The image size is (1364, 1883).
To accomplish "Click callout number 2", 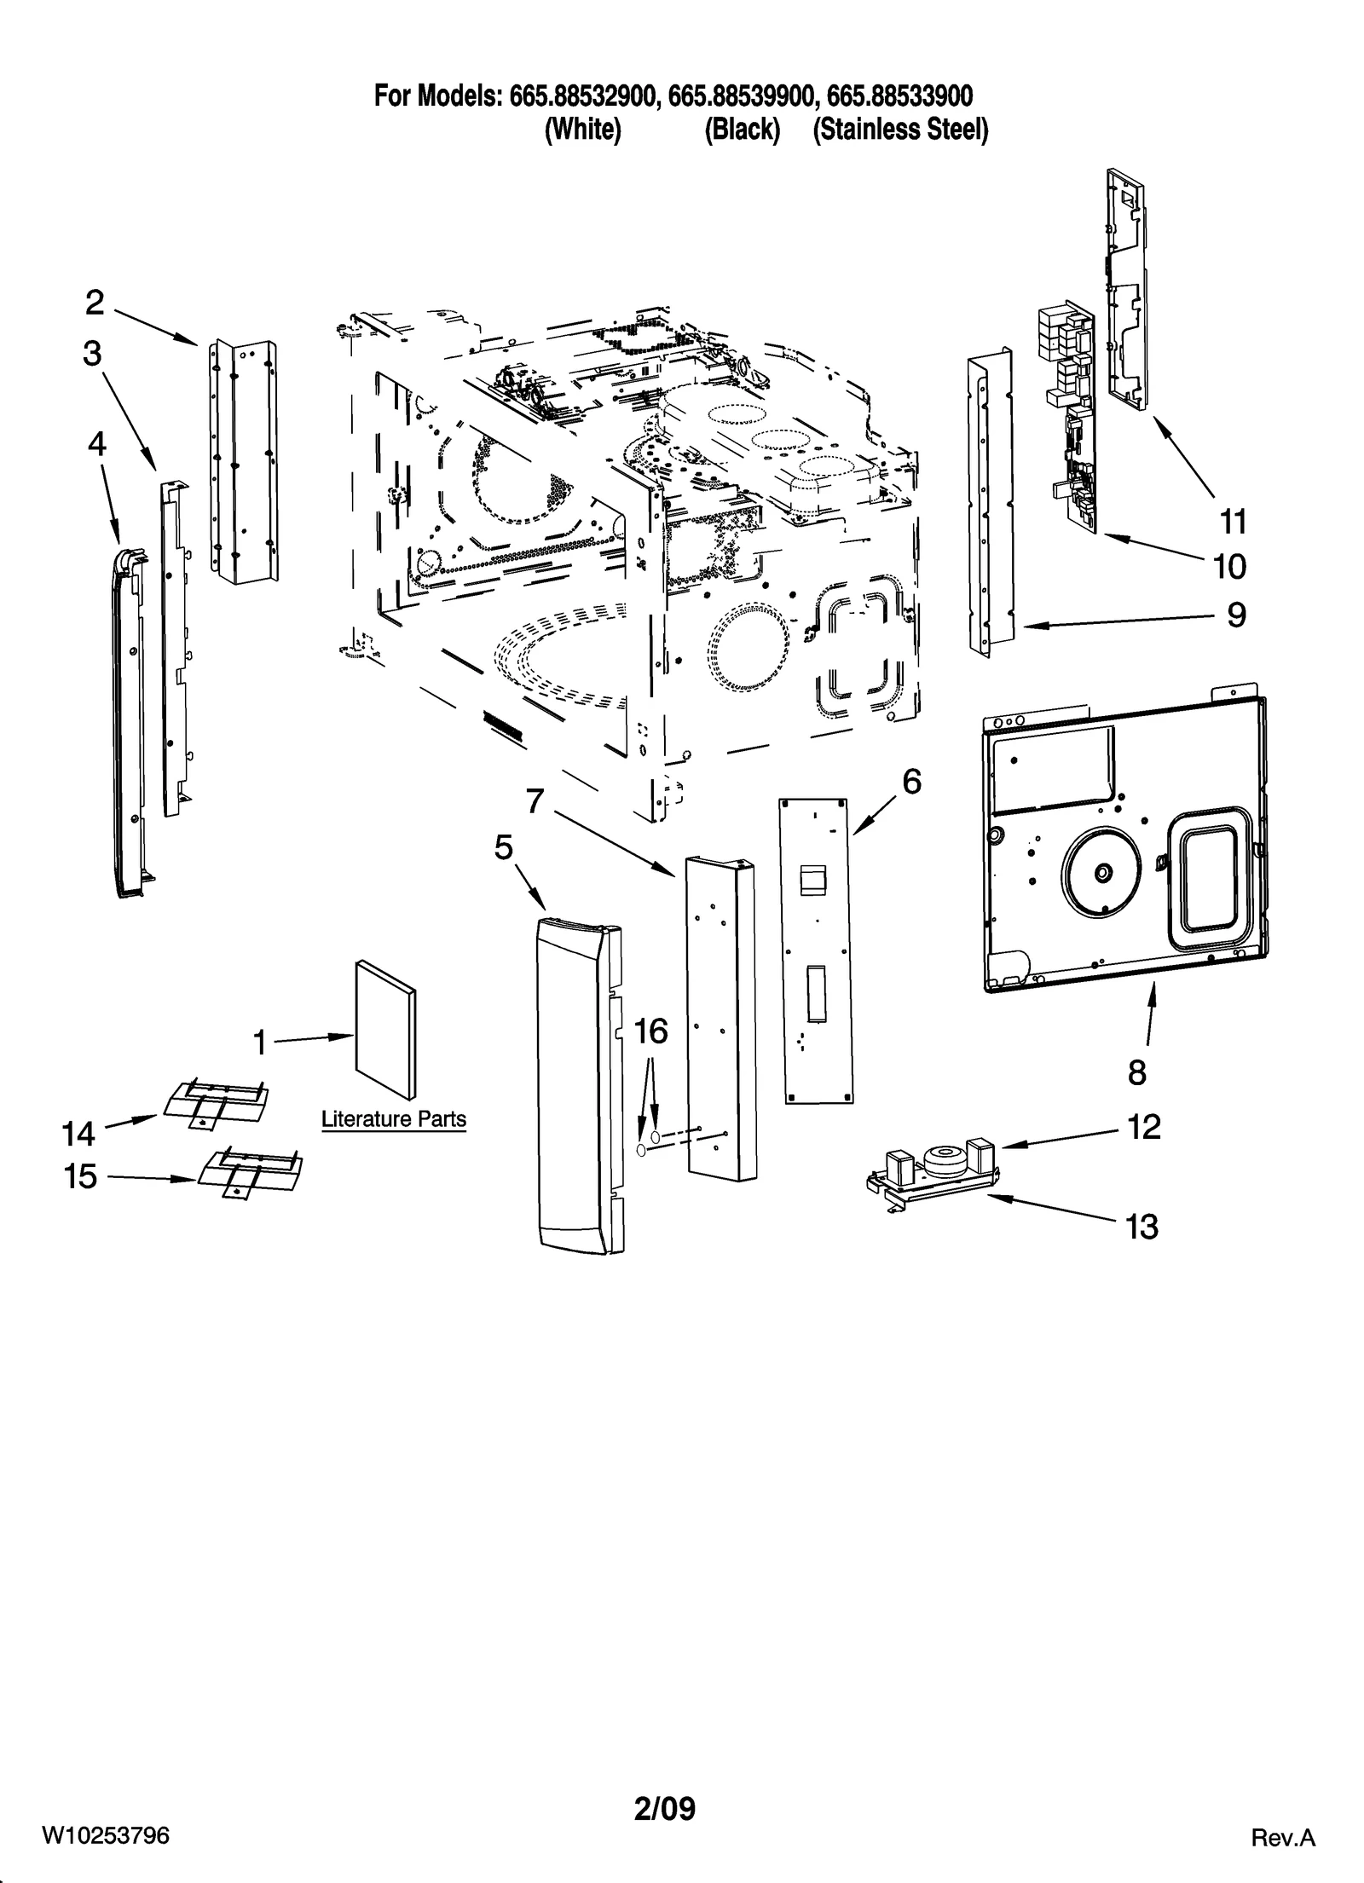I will point(95,303).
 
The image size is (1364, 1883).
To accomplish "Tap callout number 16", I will point(650,1031).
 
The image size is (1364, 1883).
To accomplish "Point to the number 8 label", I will point(1137,1073).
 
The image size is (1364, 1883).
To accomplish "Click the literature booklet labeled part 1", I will point(386,1029).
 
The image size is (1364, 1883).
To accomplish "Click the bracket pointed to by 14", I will point(213,1104).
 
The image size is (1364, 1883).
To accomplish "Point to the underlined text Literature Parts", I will point(394,1118).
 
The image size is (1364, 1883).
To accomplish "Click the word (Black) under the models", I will point(742,130).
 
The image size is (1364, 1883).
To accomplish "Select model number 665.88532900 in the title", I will point(583,95).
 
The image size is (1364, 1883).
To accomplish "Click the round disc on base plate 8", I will point(1101,871).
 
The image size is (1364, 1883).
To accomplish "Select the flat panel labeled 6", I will point(817,950).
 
